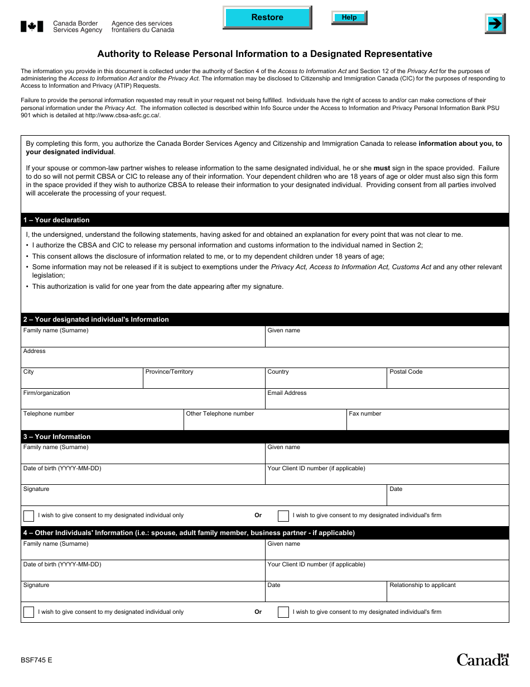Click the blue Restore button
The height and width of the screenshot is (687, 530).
coord(267,17)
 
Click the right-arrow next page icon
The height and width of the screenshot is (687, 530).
coord(494,23)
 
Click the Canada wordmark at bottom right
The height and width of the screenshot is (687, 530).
coord(483,660)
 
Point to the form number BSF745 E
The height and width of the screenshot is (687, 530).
coord(37,660)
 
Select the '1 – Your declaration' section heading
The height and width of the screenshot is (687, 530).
coord(56,220)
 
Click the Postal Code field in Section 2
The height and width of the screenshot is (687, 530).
coord(447,381)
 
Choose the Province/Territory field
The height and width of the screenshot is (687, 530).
coord(204,381)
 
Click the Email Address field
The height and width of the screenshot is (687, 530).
coord(387,402)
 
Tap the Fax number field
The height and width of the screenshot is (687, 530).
coord(427,423)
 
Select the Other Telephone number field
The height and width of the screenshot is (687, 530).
coord(265,423)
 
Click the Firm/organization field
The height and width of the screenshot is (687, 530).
coord(143,402)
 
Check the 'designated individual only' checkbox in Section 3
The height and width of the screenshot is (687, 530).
coord(28,516)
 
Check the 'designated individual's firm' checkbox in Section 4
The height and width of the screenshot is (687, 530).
coord(283,612)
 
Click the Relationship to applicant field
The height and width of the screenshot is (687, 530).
coord(447,594)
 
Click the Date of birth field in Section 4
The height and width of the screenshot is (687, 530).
coord(143,573)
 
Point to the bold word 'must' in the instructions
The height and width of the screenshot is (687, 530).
coord(382,168)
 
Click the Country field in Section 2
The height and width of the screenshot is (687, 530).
coord(326,381)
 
